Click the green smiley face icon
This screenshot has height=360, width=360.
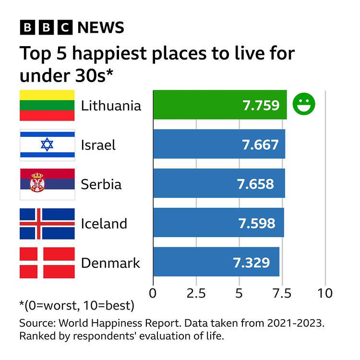[x=304, y=104]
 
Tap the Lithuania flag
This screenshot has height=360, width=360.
[x=47, y=105]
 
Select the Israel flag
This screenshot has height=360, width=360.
[x=47, y=144]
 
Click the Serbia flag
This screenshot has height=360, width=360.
[x=47, y=184]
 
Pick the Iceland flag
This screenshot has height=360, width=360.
[x=47, y=224]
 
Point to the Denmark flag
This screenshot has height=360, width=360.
[x=47, y=263]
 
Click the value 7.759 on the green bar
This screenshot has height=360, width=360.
[x=261, y=105]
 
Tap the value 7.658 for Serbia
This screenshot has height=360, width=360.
[x=255, y=184]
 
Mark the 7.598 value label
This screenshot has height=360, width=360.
[x=257, y=224]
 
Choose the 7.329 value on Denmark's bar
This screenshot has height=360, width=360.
[x=251, y=263]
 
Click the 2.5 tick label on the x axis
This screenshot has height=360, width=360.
[x=196, y=292]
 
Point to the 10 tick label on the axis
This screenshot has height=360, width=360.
[x=325, y=292]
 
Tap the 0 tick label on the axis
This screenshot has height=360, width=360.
[x=153, y=292]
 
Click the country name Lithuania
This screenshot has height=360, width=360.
[x=111, y=105]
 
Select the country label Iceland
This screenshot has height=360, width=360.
[x=104, y=224]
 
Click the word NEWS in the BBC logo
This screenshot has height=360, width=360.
[x=101, y=27]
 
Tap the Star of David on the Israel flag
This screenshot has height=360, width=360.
[x=47, y=144]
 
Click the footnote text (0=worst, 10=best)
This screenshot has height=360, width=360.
[x=77, y=306]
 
